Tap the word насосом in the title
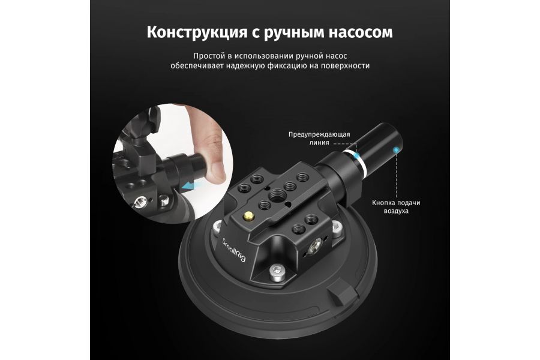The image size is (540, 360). click(x=359, y=31)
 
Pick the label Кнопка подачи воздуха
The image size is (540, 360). click(x=395, y=207)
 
